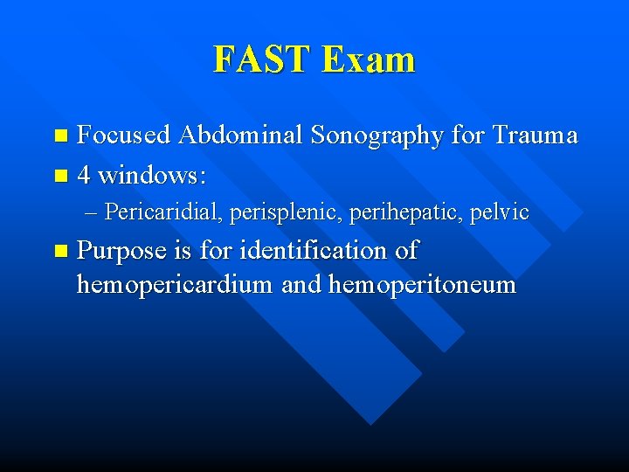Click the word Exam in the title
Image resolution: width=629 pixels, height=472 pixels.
coord(368,60)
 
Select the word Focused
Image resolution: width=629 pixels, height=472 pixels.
coord(124,135)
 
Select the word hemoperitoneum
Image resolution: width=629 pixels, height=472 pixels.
coord(422,286)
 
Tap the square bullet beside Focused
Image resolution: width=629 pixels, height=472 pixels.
coord(60,136)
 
